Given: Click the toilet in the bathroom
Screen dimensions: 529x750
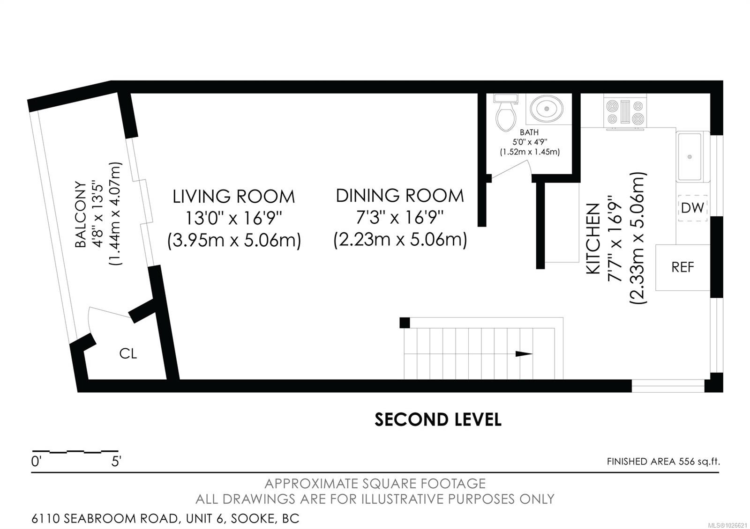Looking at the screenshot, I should point(505,115).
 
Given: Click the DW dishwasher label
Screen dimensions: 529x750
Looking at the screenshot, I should point(692,208).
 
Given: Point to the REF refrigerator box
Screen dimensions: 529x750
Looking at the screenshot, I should point(682,267).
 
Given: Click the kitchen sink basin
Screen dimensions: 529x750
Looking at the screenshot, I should point(690,156).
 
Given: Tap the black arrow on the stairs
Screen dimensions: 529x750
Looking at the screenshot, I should point(524,354).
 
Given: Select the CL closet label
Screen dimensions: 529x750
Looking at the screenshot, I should point(128,353).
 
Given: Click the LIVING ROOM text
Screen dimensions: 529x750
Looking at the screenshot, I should point(234,196).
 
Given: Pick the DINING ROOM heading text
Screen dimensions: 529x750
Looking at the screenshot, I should point(400,195).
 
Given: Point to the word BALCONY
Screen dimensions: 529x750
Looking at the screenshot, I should point(81,214).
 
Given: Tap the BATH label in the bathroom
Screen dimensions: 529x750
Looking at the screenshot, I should point(529,132).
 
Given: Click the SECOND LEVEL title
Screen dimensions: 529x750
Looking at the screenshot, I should point(438,419).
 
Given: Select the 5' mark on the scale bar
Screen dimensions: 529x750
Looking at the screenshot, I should point(116,462).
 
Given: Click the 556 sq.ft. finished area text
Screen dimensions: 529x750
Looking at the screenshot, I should point(698,462).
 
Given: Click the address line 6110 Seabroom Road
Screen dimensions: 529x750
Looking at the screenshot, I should point(165,518).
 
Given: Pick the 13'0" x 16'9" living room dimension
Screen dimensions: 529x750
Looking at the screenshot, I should point(234,218).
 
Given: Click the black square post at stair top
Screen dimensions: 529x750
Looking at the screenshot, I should point(405,323).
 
